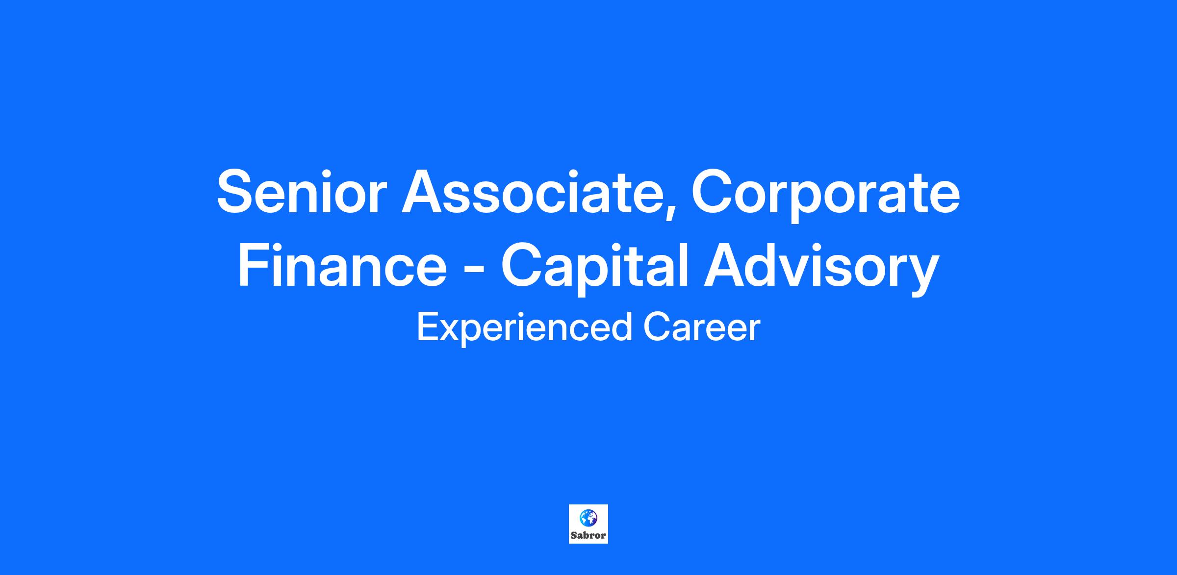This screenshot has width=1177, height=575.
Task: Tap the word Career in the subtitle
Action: tap(701, 327)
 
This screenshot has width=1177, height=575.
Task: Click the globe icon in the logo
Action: tap(588, 518)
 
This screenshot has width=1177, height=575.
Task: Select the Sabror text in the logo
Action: tap(588, 535)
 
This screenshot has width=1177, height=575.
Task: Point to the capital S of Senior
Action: tap(236, 192)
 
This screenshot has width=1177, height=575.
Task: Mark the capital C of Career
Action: tap(656, 327)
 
